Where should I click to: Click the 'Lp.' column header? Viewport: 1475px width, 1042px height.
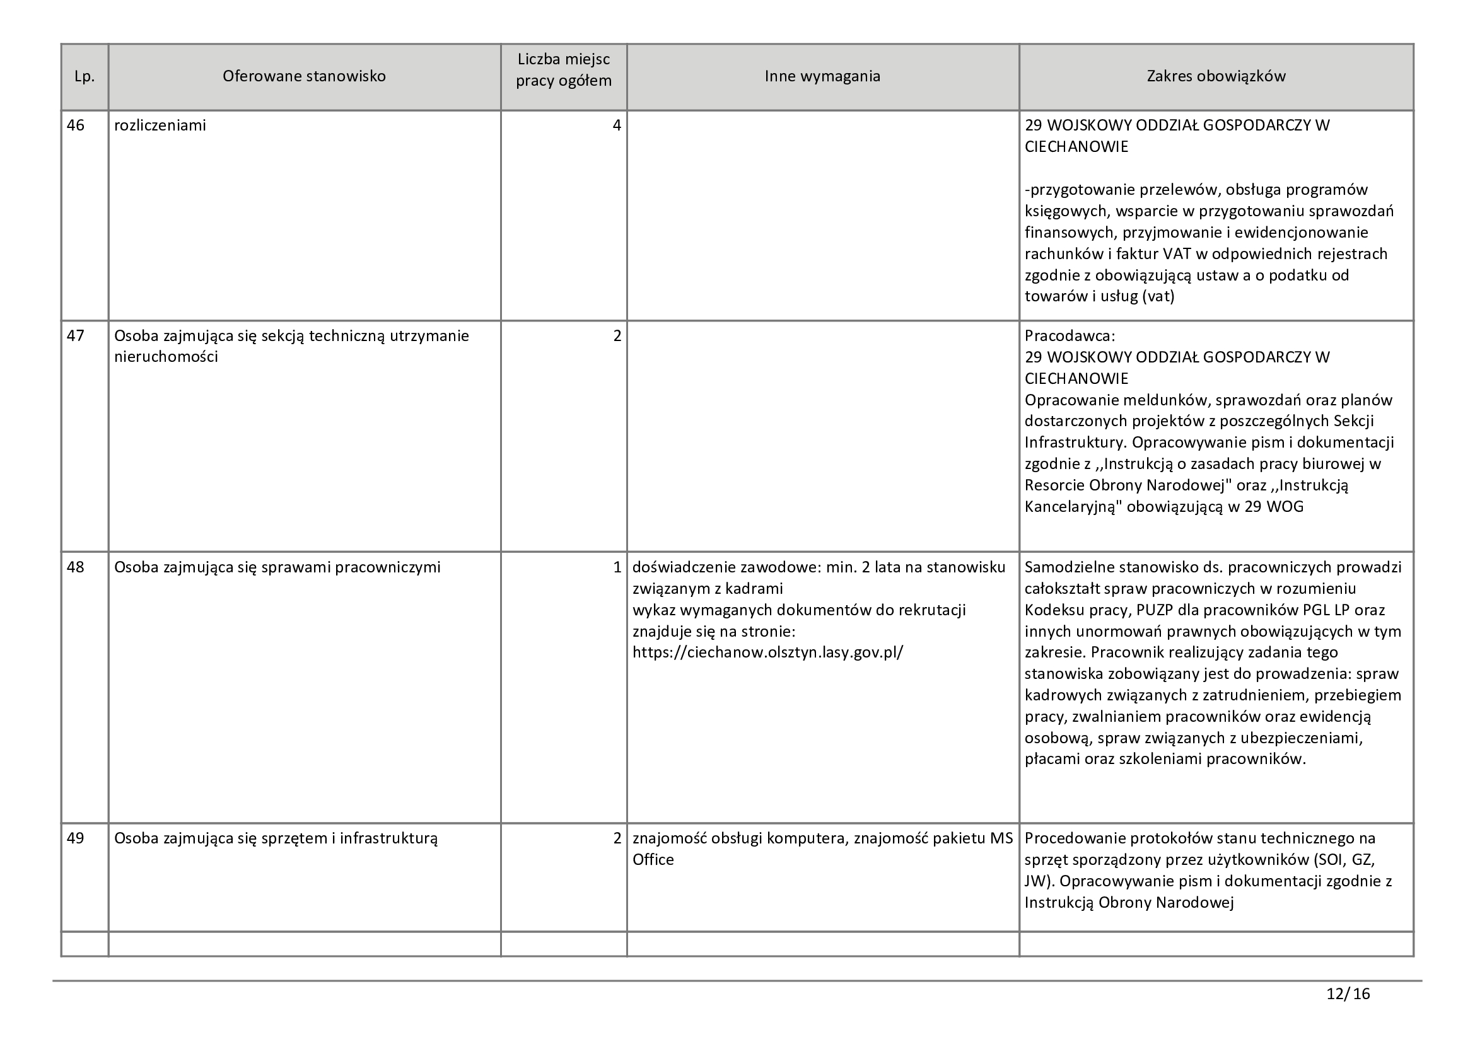[x=84, y=76]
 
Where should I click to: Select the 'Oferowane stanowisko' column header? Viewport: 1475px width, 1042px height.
[x=304, y=76]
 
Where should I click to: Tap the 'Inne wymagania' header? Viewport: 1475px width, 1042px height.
[x=822, y=76]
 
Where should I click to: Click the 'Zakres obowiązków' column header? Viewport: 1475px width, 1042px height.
[x=1216, y=76]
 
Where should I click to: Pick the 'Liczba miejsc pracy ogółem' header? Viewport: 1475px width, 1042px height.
[x=563, y=70]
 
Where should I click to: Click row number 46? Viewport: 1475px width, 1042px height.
[x=76, y=125]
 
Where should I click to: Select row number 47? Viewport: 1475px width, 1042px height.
[x=76, y=336]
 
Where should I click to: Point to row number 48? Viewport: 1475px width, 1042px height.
[x=76, y=567]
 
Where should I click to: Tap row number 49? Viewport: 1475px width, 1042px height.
[x=76, y=838]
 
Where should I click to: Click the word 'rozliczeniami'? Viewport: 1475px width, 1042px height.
[x=160, y=125]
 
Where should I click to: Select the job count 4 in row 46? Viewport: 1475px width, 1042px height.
[x=617, y=125]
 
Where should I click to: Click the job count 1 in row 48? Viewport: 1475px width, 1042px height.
[x=617, y=567]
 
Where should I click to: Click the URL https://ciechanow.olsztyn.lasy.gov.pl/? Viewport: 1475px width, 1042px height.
[x=767, y=652]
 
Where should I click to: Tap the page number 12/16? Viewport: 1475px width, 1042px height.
[x=1348, y=994]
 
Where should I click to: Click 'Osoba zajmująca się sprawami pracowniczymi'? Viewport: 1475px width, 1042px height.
[x=277, y=567]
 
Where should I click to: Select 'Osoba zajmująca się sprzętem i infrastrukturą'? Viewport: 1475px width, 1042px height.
[x=276, y=838]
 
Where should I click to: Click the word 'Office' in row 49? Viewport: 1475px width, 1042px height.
[x=653, y=860]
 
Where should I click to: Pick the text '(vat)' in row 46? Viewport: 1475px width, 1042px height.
[x=1158, y=297]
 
